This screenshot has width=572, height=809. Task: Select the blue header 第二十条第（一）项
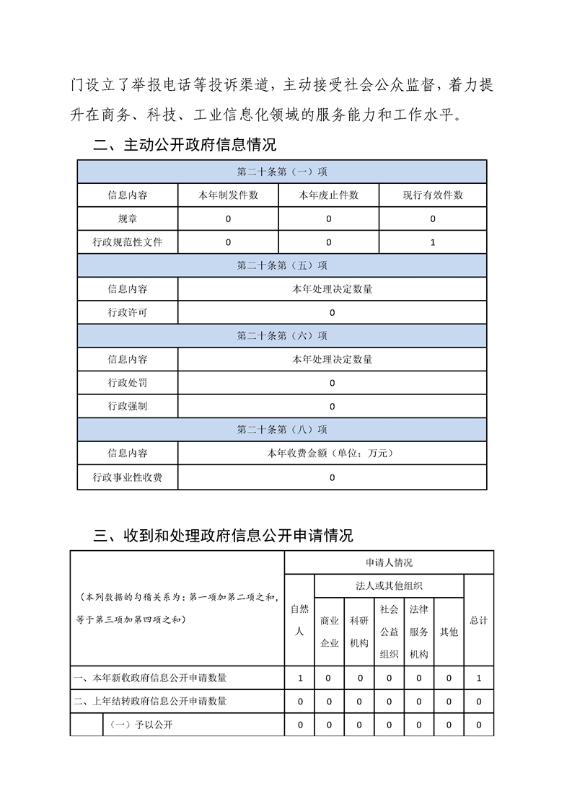point(282,172)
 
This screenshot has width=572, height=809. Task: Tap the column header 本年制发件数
point(228,195)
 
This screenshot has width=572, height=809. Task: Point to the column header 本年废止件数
point(329,195)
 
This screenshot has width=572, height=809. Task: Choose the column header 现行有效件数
point(433,195)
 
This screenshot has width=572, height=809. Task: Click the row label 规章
point(128,218)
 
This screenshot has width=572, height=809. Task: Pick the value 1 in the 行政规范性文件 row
point(433,242)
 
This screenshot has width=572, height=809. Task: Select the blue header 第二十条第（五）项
point(282,265)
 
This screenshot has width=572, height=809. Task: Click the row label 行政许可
point(128,312)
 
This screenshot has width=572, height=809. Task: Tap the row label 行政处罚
point(128,383)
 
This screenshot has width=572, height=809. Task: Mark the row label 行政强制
point(128,406)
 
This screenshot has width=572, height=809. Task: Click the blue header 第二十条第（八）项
point(282,430)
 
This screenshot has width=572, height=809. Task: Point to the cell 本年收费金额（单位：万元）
point(332,454)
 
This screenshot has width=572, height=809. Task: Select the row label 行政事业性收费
point(128,477)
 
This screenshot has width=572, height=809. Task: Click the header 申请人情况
point(389,562)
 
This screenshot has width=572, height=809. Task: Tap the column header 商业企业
point(329,632)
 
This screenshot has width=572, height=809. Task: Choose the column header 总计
point(478,620)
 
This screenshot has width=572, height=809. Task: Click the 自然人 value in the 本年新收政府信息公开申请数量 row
point(299,678)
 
